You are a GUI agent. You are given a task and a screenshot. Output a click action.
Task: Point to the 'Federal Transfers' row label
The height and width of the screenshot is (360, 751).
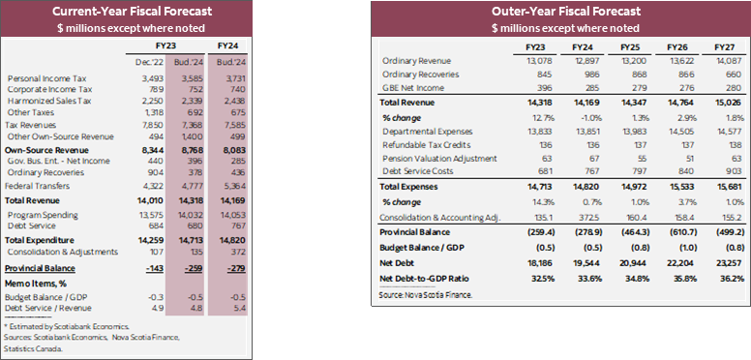(x=37, y=184)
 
